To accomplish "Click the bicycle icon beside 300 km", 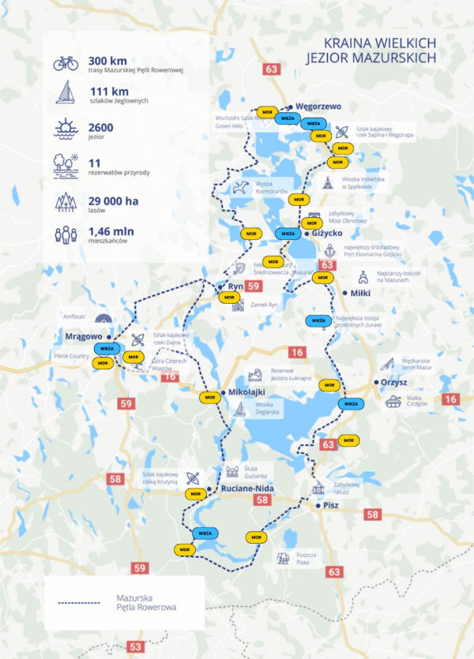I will tap(65, 63).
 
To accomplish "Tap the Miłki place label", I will tap(360, 292).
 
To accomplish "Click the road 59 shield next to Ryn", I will tap(254, 286).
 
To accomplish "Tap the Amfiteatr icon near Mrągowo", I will tap(102, 318).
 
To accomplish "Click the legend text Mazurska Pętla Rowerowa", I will tap(145, 603).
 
